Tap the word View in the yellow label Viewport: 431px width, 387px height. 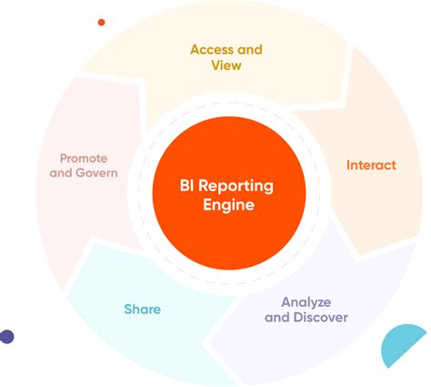225,66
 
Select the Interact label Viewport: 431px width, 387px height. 371,166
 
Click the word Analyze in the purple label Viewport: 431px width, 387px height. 306,301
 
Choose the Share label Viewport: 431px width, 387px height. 142,310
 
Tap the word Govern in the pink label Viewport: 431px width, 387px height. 97,173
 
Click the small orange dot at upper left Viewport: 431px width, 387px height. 101,22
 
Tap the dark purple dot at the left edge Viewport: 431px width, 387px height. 6,337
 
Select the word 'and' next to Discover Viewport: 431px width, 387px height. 276,318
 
